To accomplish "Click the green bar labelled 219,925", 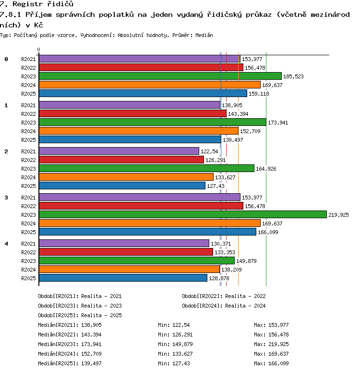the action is (x=183, y=214).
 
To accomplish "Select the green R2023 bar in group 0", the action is (x=160, y=76).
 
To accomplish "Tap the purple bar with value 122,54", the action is (x=119, y=151).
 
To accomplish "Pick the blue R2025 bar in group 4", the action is (x=123, y=278).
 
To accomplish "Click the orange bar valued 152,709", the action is (x=139, y=131).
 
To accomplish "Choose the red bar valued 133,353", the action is (x=126, y=252).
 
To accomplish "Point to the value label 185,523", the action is (x=293, y=76).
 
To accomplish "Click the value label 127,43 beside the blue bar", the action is (x=216, y=186).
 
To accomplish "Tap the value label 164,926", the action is (x=266, y=169).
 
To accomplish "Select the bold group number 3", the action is (x=6, y=198).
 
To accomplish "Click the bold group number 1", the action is (x=6, y=105).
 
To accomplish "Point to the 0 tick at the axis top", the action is (x=38, y=50).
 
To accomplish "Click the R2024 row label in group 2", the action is (x=28, y=177).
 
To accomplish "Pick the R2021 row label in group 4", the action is (x=28, y=244).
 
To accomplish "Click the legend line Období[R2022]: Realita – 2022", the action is (x=224, y=296).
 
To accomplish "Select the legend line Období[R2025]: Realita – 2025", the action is (x=80, y=315).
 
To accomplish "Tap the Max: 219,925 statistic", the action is (x=271, y=344).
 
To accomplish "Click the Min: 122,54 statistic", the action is (x=174, y=325).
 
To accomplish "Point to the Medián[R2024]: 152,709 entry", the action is (x=70, y=354).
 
